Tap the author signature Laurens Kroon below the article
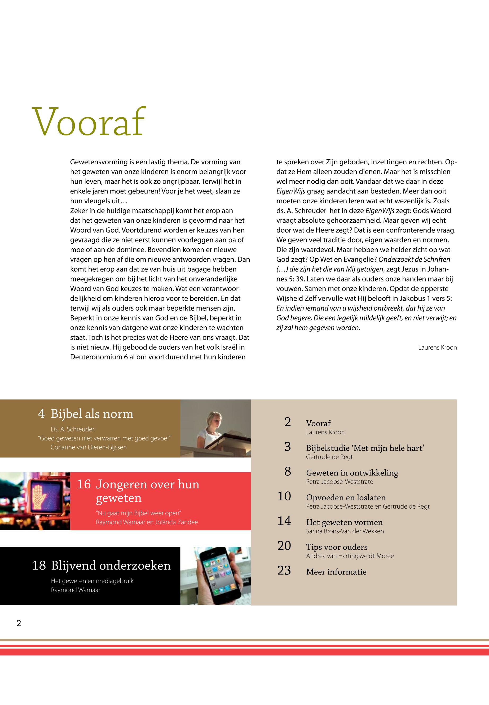(x=437, y=347)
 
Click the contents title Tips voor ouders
(x=336, y=547)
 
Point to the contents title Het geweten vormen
(x=344, y=522)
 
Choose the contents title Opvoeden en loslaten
(x=346, y=497)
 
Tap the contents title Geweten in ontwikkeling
(x=352, y=473)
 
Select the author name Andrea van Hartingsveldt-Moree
(x=350, y=556)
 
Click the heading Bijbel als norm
(x=92, y=414)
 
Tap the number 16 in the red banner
(x=84, y=484)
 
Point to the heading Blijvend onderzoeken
(x=111, y=565)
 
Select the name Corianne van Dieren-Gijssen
(x=89, y=447)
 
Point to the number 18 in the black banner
(x=39, y=566)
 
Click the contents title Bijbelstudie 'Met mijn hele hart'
(x=365, y=448)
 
